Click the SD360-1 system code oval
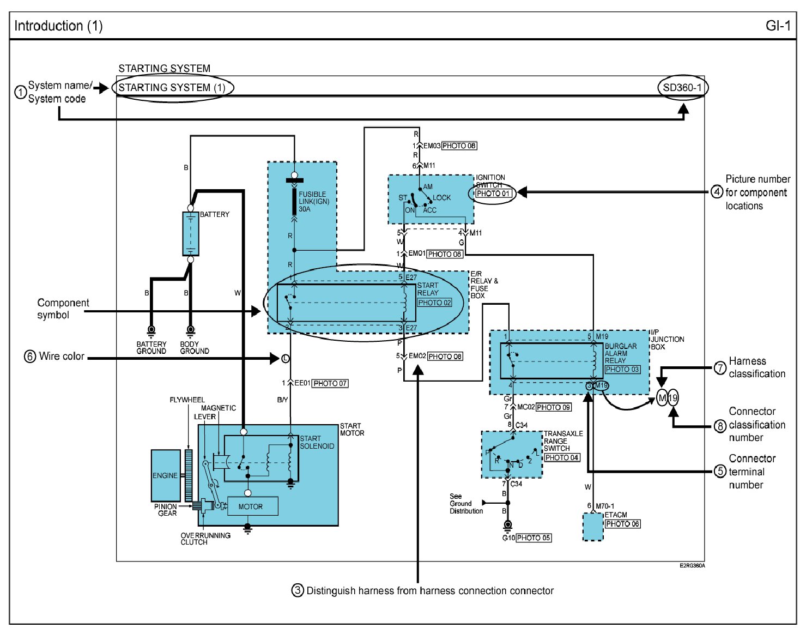click(x=682, y=87)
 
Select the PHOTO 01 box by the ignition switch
click(x=493, y=194)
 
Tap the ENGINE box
click(x=166, y=475)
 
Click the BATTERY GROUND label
click(x=151, y=348)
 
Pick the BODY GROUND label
click(x=194, y=348)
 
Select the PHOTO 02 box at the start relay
click(x=435, y=303)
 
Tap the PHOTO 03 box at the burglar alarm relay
click(x=622, y=369)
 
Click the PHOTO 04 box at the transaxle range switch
click(x=562, y=457)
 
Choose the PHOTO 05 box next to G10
click(x=534, y=538)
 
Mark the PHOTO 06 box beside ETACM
click(x=622, y=524)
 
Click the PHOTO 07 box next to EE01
click(x=330, y=383)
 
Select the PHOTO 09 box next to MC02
click(x=553, y=407)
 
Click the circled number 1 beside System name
click(x=20, y=92)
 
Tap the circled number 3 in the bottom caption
click(x=298, y=590)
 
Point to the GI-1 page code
click(x=778, y=26)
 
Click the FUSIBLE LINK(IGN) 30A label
click(x=314, y=201)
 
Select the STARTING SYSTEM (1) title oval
click(x=172, y=87)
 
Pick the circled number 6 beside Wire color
click(x=30, y=357)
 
